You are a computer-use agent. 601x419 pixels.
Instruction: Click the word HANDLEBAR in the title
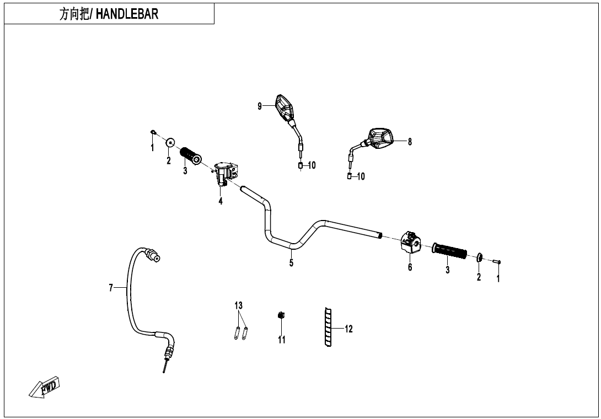[127, 14]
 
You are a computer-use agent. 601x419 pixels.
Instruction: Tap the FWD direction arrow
[45, 387]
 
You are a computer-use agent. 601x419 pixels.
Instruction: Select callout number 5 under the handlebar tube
[291, 263]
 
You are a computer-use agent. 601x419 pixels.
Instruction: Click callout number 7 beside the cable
[111, 288]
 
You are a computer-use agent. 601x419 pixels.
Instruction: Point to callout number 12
[348, 329]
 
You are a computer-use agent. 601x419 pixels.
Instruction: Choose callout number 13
[238, 305]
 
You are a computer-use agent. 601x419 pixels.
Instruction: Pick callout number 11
[282, 340]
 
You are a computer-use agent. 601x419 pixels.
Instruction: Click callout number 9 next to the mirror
[260, 106]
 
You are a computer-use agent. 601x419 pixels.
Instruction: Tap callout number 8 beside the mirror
[410, 142]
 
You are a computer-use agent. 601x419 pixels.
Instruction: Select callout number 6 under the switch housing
[410, 267]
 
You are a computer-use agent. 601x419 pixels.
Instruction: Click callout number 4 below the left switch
[221, 201]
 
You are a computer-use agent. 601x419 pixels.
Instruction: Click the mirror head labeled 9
[284, 107]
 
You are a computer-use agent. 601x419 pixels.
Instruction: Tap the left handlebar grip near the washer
[190, 156]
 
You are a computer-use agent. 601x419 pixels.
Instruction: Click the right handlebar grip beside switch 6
[449, 250]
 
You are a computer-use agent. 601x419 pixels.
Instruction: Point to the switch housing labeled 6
[411, 242]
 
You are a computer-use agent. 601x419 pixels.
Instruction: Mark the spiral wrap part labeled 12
[328, 327]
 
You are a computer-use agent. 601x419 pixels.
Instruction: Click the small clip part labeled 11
[281, 315]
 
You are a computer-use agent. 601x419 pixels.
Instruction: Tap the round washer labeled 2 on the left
[170, 143]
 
